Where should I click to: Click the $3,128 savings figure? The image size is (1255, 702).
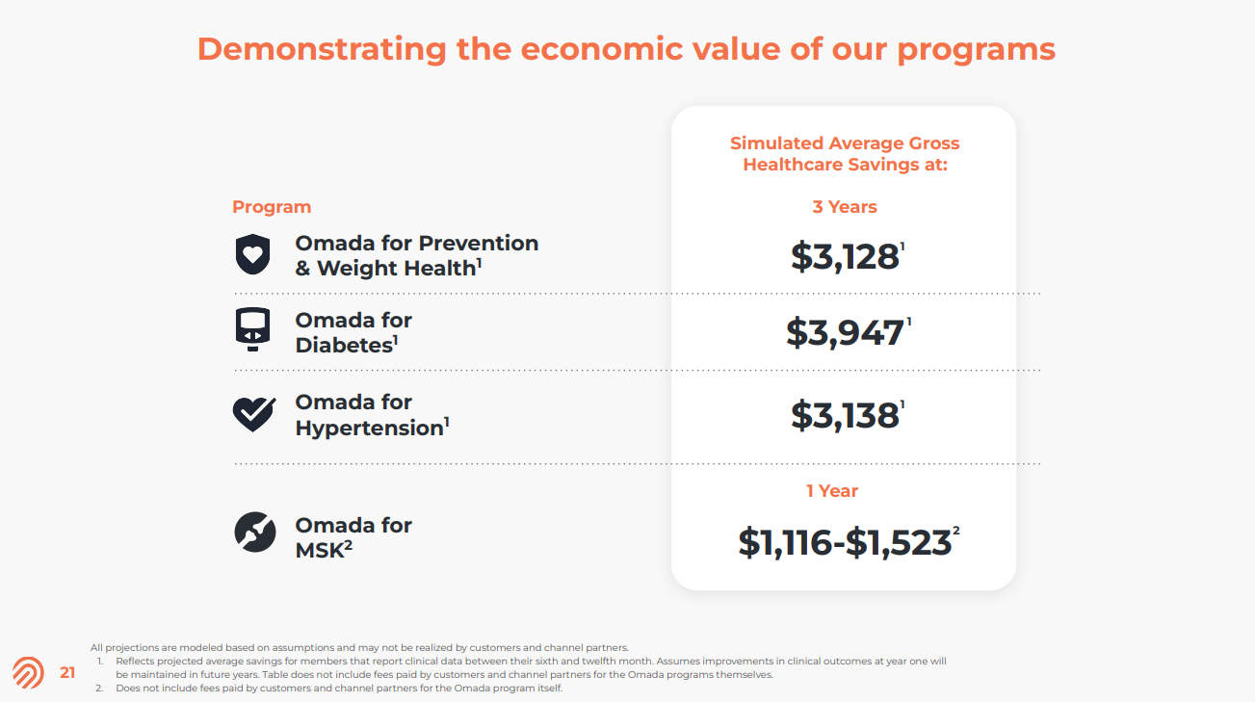pyautogui.click(x=845, y=256)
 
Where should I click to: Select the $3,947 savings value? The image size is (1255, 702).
pyautogui.click(x=845, y=332)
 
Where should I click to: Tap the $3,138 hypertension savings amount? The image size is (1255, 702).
pyautogui.click(x=845, y=415)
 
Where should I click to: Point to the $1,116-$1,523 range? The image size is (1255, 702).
pyautogui.click(x=845, y=542)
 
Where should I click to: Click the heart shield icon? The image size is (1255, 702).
pyautogui.click(x=253, y=255)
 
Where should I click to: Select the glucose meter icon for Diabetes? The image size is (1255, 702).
pyautogui.click(x=253, y=329)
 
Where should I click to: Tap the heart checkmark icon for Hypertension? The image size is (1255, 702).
pyautogui.click(x=254, y=414)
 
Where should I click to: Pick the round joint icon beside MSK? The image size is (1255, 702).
pyautogui.click(x=255, y=533)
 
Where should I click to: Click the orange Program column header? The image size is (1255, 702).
pyautogui.click(x=272, y=207)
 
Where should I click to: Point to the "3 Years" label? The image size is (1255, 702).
pyautogui.click(x=845, y=207)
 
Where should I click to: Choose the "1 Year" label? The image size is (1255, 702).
pyautogui.click(x=832, y=491)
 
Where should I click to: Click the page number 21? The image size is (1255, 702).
pyautogui.click(x=67, y=673)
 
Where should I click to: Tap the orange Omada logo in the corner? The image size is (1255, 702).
pyautogui.click(x=28, y=673)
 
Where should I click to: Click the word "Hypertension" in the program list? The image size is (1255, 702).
pyautogui.click(x=369, y=428)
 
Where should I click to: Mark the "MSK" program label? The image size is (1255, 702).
pyautogui.click(x=319, y=552)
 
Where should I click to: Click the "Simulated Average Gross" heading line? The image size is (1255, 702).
pyautogui.click(x=845, y=143)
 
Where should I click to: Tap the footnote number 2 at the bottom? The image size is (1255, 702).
pyautogui.click(x=99, y=689)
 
